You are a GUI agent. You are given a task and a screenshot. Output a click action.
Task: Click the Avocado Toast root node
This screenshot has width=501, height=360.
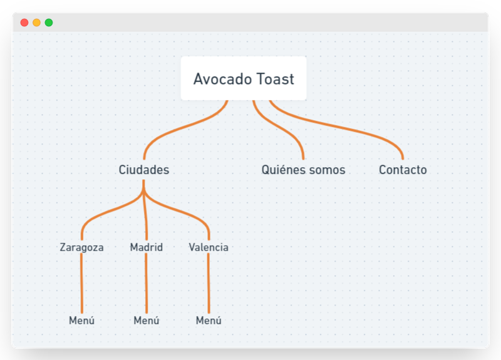pos(244,79)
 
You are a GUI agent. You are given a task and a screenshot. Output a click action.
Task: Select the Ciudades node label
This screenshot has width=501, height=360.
pos(144,170)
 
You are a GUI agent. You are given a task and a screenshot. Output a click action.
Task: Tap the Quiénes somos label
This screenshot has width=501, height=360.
pos(303,170)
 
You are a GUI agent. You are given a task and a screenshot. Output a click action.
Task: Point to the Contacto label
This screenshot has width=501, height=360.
pos(403,170)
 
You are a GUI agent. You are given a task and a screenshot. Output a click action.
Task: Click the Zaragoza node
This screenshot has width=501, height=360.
pos(81,247)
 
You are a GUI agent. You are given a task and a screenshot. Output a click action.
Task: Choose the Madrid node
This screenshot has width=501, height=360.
pos(146,247)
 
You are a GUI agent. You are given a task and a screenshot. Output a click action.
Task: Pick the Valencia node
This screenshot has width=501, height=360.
pos(209,247)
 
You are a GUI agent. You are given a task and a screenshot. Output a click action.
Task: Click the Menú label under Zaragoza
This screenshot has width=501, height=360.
pos(81,321)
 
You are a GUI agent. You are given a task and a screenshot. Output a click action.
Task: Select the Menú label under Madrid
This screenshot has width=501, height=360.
pos(146,321)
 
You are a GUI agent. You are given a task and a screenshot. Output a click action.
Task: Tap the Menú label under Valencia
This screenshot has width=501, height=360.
pos(209,321)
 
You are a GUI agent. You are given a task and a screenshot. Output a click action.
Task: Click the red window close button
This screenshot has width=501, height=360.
pos(24,23)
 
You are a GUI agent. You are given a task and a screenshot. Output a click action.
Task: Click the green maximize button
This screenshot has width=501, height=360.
pos(49,23)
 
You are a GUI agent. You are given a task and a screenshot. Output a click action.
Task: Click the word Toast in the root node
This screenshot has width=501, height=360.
pos(276,80)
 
